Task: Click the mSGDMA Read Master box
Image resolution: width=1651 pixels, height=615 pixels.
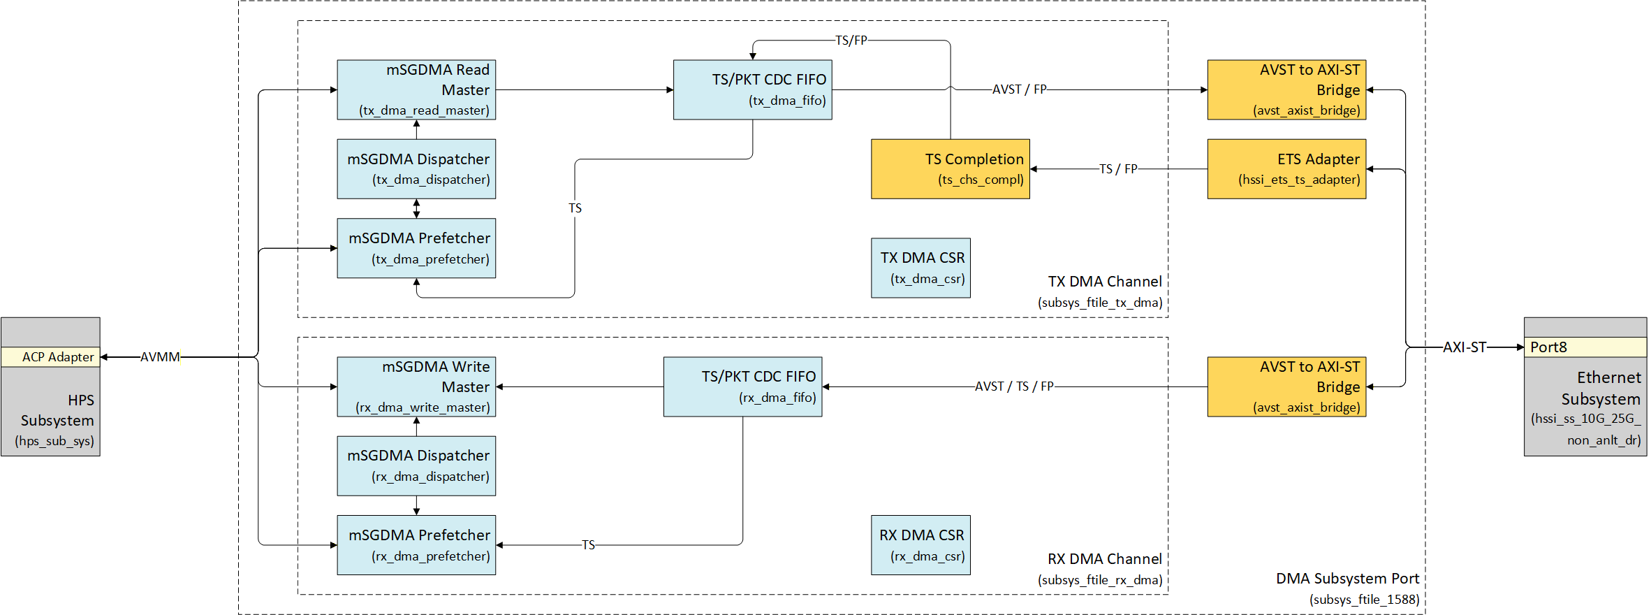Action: click(416, 89)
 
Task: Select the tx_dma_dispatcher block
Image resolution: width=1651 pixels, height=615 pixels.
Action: click(416, 169)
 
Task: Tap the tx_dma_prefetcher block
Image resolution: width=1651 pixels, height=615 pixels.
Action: click(416, 248)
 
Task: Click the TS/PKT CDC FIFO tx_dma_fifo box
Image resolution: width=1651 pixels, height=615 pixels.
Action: click(752, 89)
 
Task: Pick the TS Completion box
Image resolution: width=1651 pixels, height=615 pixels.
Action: click(950, 169)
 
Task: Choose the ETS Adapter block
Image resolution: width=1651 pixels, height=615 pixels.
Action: click(1286, 169)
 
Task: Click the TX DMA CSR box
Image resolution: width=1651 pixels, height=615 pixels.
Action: click(920, 268)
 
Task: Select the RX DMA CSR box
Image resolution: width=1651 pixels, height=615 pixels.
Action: click(920, 545)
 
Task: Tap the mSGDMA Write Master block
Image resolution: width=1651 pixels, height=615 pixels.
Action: click(416, 386)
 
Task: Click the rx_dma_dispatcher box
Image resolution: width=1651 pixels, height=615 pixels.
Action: click(416, 466)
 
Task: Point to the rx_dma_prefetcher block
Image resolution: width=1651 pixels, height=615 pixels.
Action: click(416, 545)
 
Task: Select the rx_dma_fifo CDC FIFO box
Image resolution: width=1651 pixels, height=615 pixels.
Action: click(742, 386)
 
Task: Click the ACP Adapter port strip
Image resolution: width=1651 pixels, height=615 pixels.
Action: click(50, 357)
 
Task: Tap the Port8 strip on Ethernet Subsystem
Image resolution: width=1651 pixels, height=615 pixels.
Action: click(1585, 347)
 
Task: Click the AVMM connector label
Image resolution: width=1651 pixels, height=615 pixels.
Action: click(160, 357)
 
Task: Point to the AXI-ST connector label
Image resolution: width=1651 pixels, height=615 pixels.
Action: click(1465, 347)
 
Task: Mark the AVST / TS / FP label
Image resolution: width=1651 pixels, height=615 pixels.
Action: click(1014, 386)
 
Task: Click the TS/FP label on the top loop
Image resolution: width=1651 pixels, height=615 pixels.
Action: click(851, 41)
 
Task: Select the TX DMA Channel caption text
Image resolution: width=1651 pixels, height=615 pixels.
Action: click(1105, 282)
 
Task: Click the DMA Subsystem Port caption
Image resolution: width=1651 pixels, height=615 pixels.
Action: click(1347, 579)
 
